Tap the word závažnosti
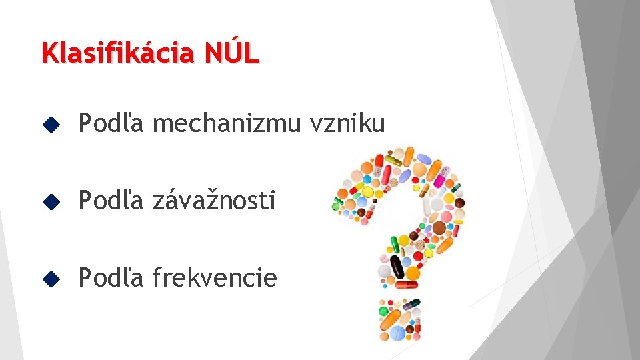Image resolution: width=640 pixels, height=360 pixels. tap(213, 200)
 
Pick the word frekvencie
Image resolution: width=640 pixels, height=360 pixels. tap(214, 277)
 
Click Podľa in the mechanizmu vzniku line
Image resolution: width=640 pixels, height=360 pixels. tap(109, 123)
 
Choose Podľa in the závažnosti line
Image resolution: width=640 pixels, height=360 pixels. tap(109, 200)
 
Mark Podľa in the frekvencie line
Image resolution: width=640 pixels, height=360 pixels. tap(109, 277)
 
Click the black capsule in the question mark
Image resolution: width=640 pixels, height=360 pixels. tap(397, 266)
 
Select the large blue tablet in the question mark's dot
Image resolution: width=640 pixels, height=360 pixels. tap(396, 331)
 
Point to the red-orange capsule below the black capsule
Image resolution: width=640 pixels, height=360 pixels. tap(405, 285)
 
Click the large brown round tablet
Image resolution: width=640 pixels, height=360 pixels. tap(439, 229)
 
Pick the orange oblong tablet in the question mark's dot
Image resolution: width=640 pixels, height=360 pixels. tap(388, 319)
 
